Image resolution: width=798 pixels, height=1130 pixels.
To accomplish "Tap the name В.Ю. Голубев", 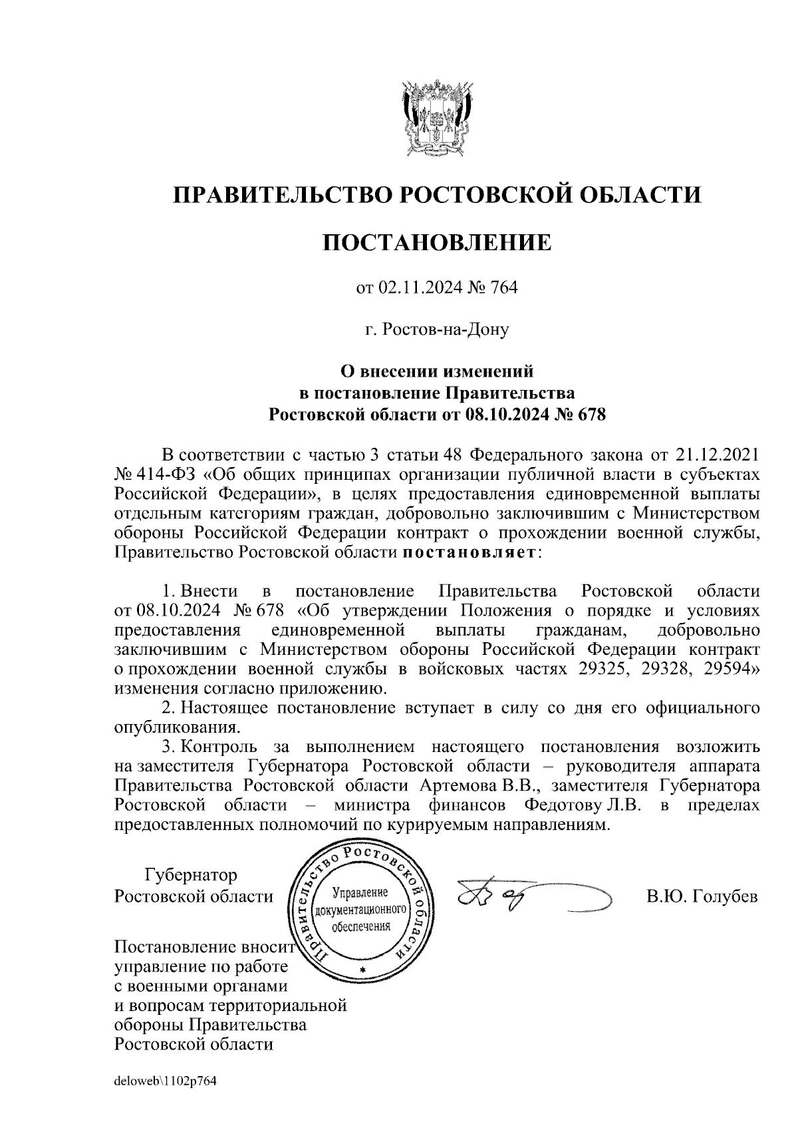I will coord(702,896).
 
